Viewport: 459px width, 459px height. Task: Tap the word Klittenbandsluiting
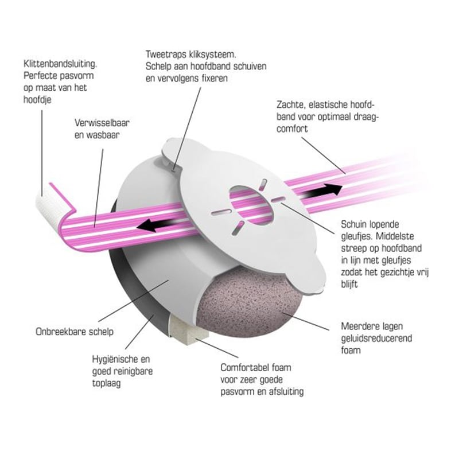click(x=60, y=64)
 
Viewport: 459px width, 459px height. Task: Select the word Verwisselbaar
click(x=102, y=123)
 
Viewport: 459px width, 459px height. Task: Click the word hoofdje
click(x=37, y=99)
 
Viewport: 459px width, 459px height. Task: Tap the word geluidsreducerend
click(x=376, y=339)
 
